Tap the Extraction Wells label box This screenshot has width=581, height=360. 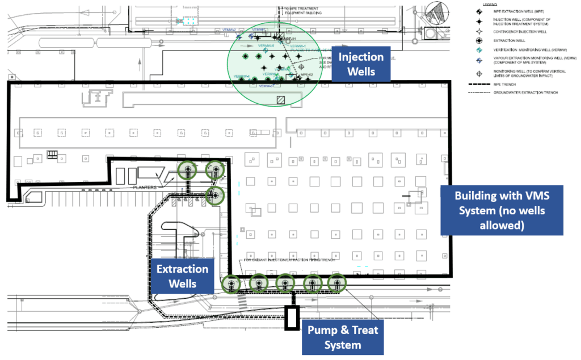coord(183,276)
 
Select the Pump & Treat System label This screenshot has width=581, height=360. coord(343,337)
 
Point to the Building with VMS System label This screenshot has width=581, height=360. coord(502,210)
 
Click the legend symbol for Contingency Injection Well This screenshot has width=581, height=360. coord(479,31)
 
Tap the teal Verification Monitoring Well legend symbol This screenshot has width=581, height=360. coord(479,49)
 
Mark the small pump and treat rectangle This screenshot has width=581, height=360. coord(292,317)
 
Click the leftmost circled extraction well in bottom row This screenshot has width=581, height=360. coord(230,283)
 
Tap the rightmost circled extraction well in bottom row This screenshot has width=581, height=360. coord(337,282)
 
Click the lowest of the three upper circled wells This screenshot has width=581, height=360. coord(215,196)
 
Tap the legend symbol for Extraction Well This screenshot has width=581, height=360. coord(479,40)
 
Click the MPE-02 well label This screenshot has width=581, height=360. coord(307,74)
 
